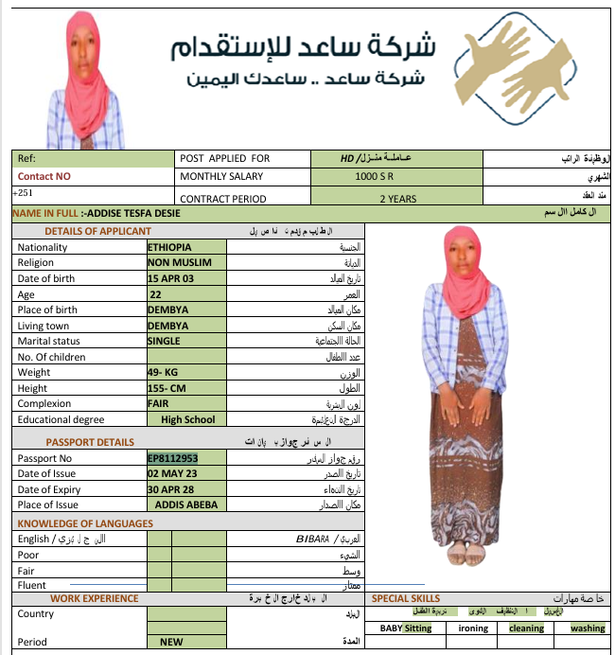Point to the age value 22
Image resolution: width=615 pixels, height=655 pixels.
point(156,294)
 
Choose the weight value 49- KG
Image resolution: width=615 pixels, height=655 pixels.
point(164,372)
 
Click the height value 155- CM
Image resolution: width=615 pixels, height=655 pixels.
point(167,388)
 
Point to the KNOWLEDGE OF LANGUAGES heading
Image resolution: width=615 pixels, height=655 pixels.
point(85,523)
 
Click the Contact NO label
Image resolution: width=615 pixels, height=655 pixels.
point(44,176)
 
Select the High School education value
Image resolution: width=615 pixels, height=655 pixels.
point(187,419)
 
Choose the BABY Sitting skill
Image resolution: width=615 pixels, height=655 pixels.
point(406,628)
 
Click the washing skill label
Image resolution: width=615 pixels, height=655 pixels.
point(588,628)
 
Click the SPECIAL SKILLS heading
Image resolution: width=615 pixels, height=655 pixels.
point(406,598)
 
